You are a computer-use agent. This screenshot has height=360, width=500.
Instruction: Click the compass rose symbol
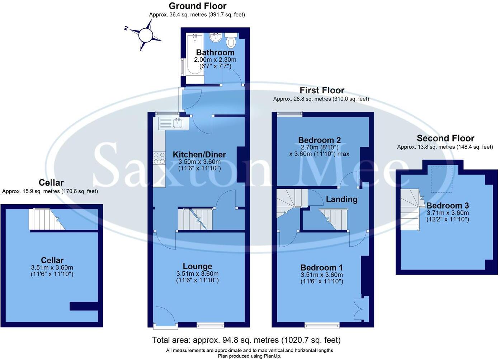(x=145, y=35)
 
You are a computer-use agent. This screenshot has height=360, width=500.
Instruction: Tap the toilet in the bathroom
(x=231, y=42)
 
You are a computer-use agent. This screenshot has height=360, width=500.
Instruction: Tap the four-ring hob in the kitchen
(x=159, y=158)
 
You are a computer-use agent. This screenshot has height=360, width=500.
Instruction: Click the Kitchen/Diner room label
(x=199, y=155)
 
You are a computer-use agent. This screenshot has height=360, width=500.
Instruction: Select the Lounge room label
(x=197, y=266)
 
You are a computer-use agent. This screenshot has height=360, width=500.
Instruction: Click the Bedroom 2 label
(x=319, y=140)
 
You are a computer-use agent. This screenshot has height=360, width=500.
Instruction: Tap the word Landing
(x=341, y=199)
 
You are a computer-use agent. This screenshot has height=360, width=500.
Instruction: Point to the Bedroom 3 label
(x=447, y=206)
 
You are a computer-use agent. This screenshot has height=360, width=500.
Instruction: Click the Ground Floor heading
(x=197, y=6)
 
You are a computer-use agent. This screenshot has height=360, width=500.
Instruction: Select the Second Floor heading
(x=445, y=138)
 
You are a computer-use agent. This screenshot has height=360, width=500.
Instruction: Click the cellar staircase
(x=46, y=219)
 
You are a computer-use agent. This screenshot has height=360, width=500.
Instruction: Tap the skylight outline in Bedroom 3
(x=442, y=178)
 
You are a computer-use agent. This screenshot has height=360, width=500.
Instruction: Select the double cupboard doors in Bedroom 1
(x=358, y=308)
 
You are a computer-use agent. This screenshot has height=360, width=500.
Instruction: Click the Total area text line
(x=246, y=340)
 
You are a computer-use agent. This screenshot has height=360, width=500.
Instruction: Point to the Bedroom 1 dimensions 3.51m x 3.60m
(x=322, y=275)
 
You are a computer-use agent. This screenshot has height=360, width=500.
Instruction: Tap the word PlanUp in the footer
(x=272, y=356)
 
